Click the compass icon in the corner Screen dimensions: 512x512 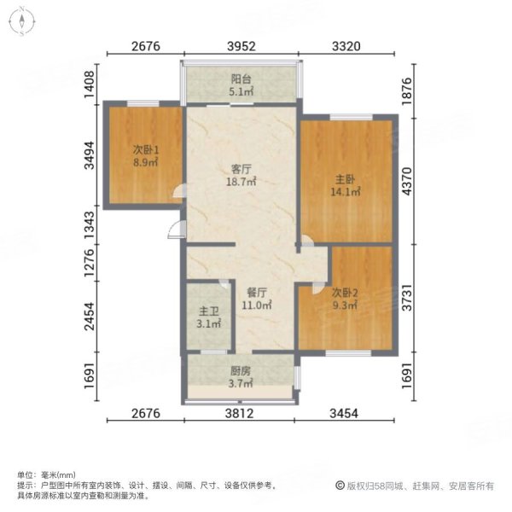tap(20, 21)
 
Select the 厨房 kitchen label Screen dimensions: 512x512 tap(240, 371)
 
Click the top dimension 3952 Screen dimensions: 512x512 tap(241, 47)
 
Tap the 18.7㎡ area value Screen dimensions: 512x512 tap(241, 182)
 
